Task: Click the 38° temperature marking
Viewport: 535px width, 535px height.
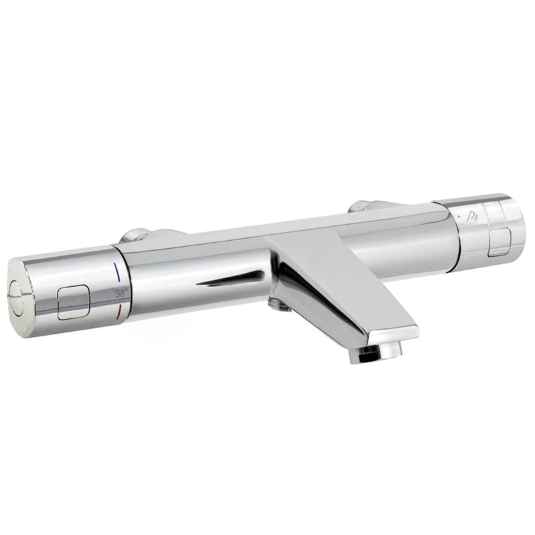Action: (121, 293)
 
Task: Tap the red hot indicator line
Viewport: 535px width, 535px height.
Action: (119, 313)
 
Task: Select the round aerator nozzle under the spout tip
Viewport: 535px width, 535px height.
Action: (375, 355)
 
